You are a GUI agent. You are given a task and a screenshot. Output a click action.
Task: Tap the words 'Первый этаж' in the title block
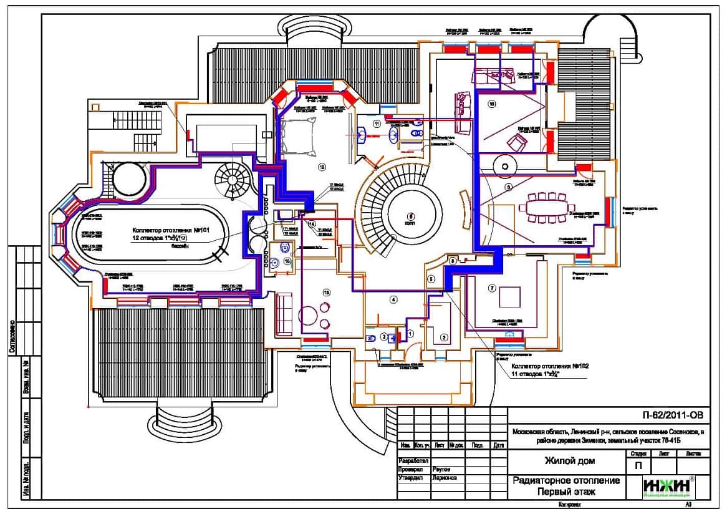[566, 492]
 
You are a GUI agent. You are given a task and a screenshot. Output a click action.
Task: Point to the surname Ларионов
[444, 478]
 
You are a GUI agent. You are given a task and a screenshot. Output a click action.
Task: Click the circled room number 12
[322, 167]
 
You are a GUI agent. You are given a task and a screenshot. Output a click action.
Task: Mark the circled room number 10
[492, 104]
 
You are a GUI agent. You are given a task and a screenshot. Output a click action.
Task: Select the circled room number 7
[491, 288]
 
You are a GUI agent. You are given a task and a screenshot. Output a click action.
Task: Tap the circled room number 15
[325, 291]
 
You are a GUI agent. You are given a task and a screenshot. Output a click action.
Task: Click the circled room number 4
[393, 299]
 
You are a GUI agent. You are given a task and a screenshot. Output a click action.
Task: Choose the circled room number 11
[377, 124]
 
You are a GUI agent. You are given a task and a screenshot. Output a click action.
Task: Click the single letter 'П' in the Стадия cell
[638, 465]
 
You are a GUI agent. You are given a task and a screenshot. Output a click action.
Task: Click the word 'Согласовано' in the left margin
[12, 337]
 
